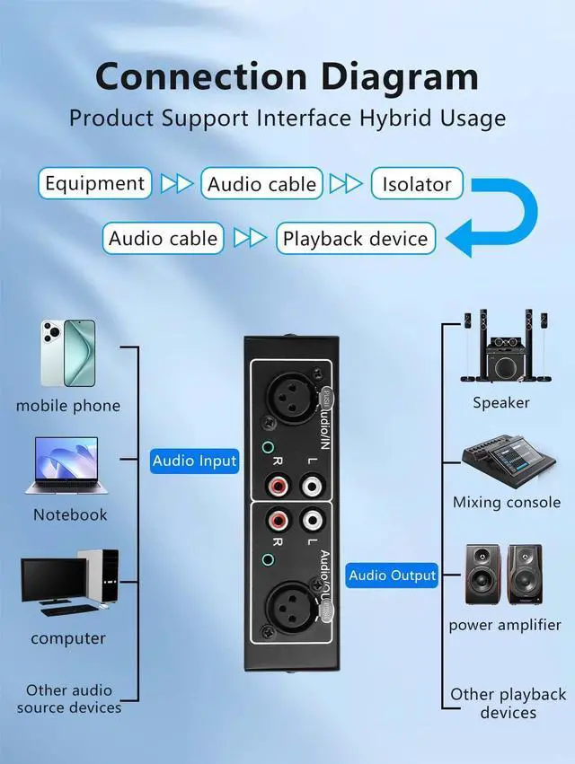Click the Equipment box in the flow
93,184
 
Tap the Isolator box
417,184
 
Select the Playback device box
355,239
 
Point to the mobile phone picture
67,352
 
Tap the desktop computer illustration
69,582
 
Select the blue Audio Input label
194,461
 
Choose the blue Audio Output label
392,575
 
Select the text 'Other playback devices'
508,703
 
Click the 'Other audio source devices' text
69,698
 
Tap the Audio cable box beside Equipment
261,184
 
